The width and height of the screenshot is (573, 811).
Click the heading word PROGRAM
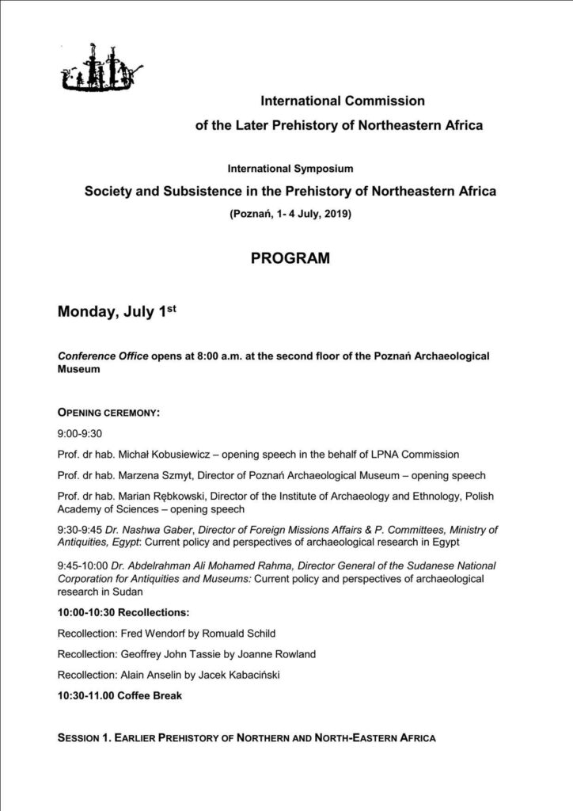tap(290, 259)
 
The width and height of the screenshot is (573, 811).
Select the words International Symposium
tap(290, 169)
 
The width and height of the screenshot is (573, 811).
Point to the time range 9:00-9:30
tap(81, 434)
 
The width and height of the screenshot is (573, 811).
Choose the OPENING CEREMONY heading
tap(109, 413)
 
